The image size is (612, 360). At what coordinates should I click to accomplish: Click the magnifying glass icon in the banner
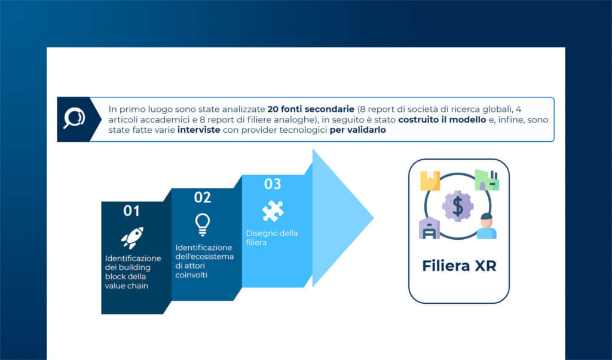pos(74,118)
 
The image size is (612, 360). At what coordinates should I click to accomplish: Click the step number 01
pos(131,211)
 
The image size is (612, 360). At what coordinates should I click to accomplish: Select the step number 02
pos(203,197)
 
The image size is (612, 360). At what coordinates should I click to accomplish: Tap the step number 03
pos(273,184)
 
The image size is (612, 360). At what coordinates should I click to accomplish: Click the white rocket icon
pos(131,237)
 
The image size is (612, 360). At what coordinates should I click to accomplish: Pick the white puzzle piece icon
pos(273,210)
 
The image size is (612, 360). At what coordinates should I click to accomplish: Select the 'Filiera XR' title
pos(458,266)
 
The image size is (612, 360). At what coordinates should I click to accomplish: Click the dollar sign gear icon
pos(458,206)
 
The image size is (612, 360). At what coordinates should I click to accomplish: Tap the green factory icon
pos(486,179)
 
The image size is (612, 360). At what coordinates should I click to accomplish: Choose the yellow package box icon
pos(430,181)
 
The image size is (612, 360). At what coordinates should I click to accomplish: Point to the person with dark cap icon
pos(486,226)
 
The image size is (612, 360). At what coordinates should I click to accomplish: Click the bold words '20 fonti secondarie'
pos(311,110)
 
